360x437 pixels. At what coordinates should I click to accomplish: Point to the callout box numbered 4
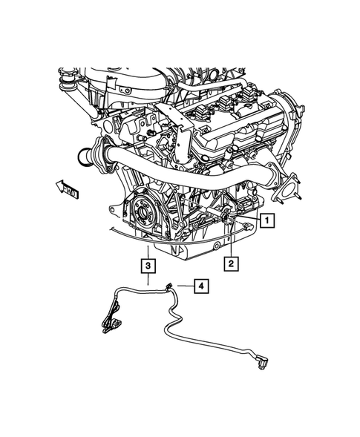pyautogui.click(x=200, y=285)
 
